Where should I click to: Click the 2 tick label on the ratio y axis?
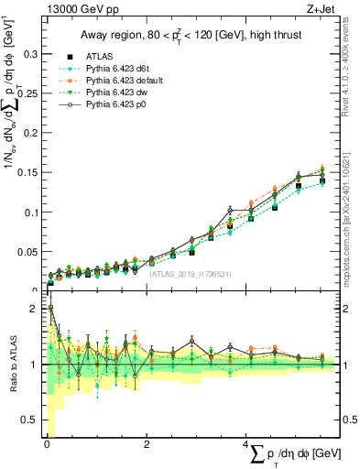tap(35, 309)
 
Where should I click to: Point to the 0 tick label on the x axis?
tap(47, 445)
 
